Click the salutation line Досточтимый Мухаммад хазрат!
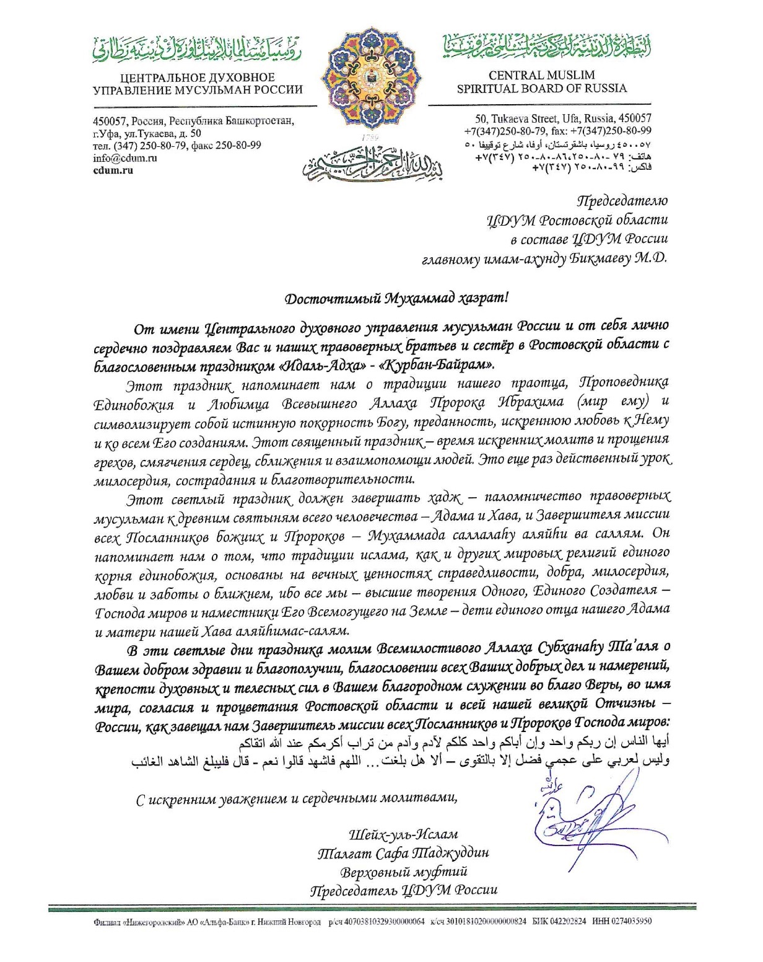point(396,298)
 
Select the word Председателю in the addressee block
point(622,201)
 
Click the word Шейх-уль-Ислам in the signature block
point(403,834)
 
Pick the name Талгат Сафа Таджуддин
point(403,853)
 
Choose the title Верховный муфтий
point(403,872)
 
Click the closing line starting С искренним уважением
point(297,798)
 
